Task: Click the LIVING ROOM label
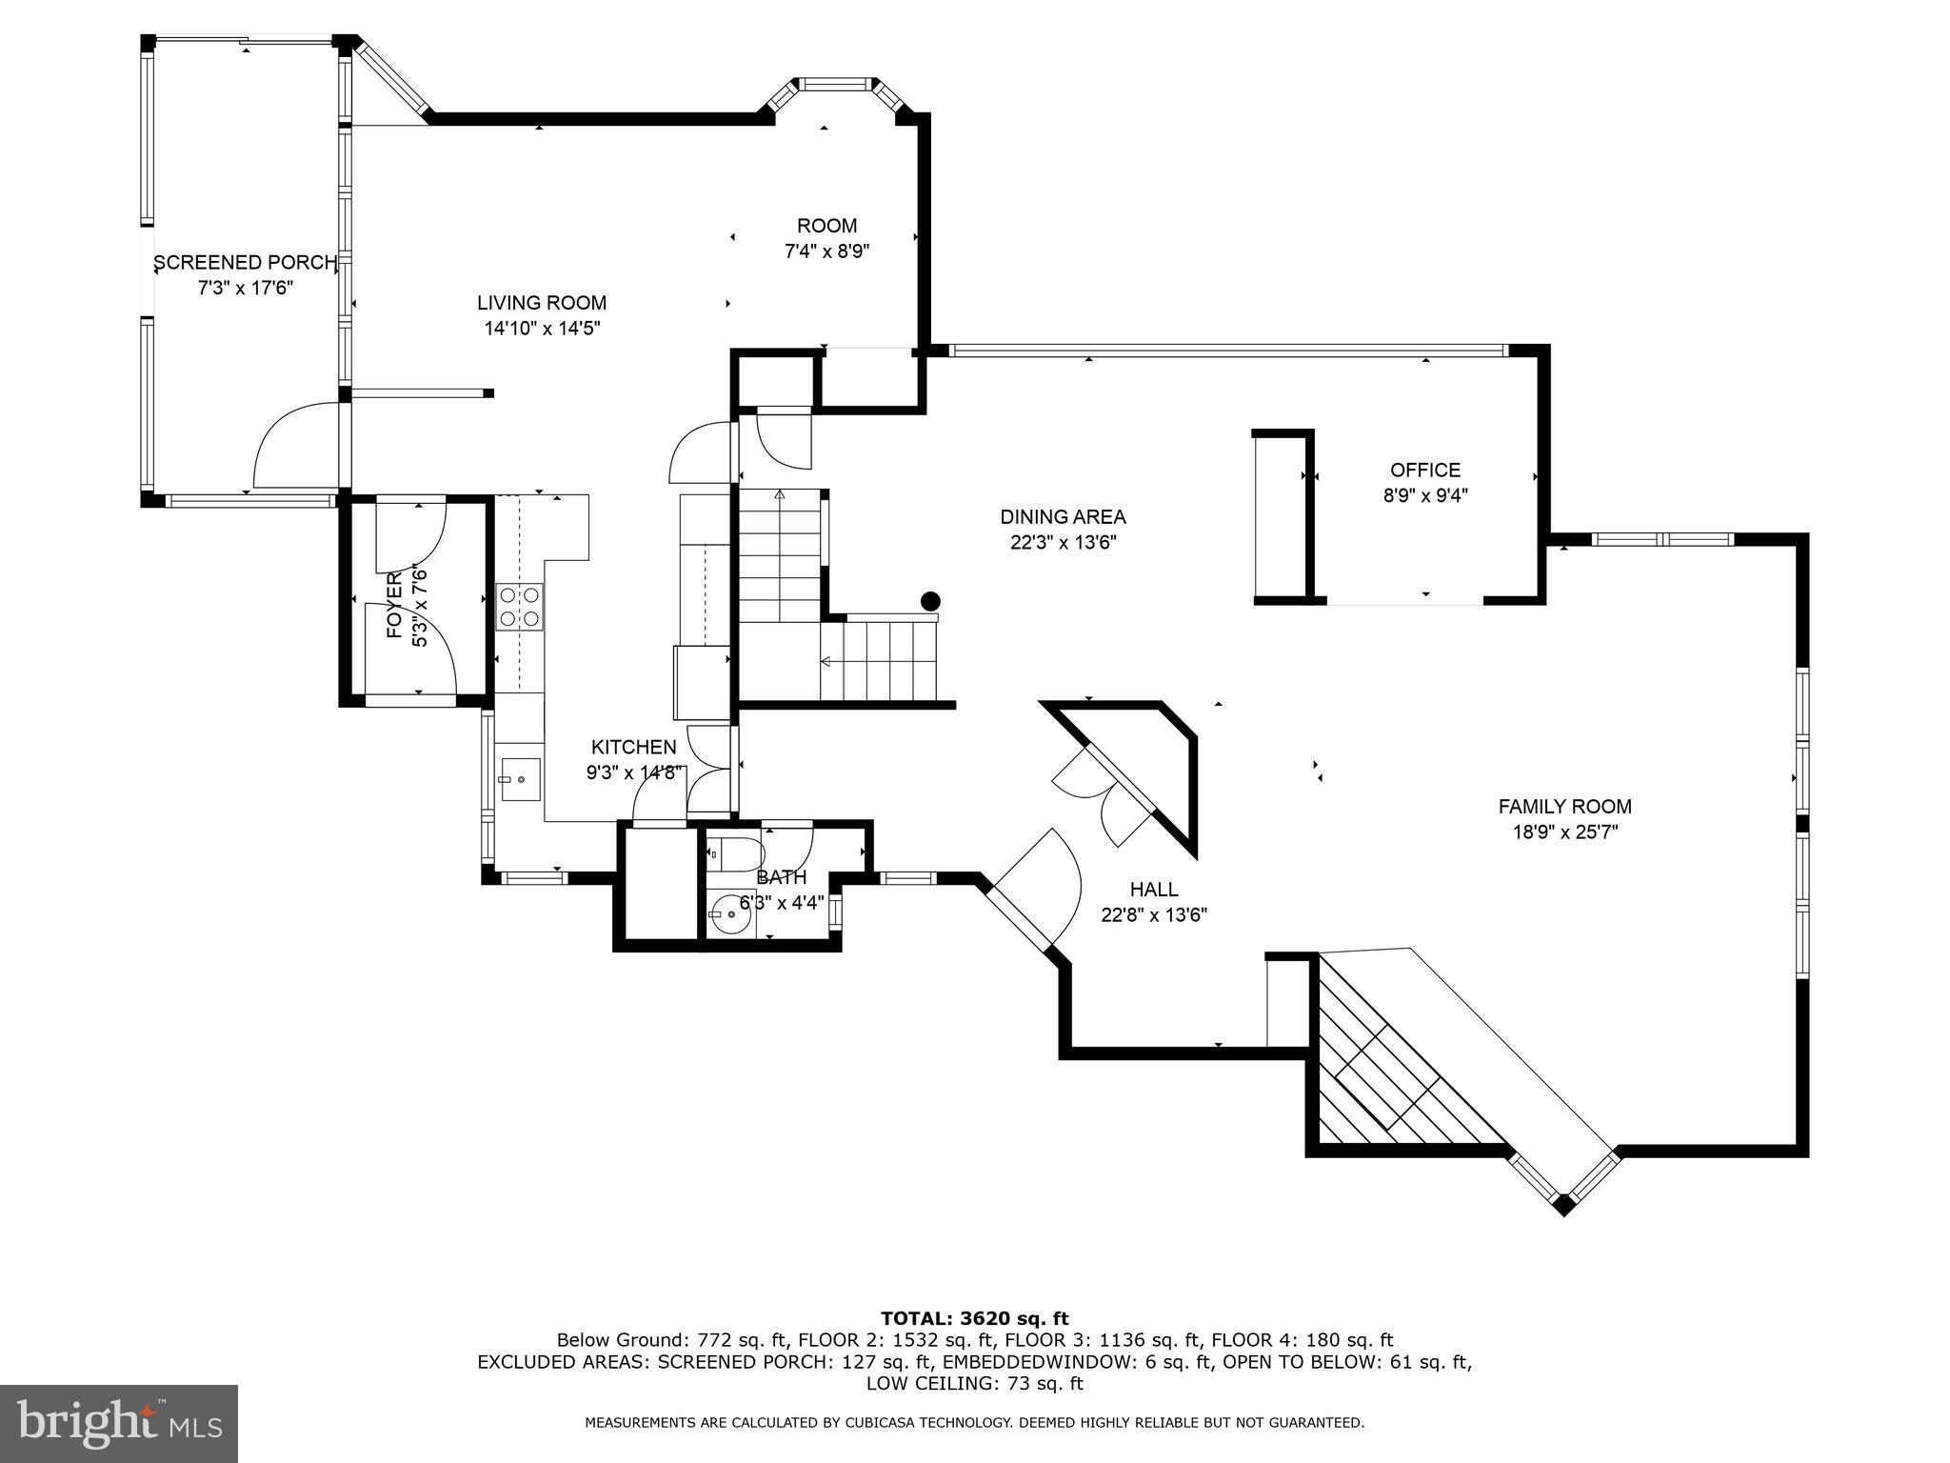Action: (542, 303)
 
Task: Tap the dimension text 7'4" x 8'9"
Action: (826, 251)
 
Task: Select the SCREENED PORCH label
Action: (245, 262)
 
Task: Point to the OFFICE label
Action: (1424, 470)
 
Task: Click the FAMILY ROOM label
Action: (1564, 806)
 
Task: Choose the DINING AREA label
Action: (1063, 517)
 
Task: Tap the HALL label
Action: (1154, 890)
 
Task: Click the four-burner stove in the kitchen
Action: (520, 608)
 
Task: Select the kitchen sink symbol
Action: (521, 778)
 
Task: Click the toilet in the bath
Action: (737, 854)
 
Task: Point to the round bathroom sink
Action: (728, 912)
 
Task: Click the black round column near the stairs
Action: (930, 601)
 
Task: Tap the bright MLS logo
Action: (118, 1423)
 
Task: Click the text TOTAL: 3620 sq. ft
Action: (974, 1318)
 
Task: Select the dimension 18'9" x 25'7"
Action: (1564, 832)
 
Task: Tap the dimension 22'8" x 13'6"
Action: (1154, 915)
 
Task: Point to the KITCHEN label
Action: (633, 748)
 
